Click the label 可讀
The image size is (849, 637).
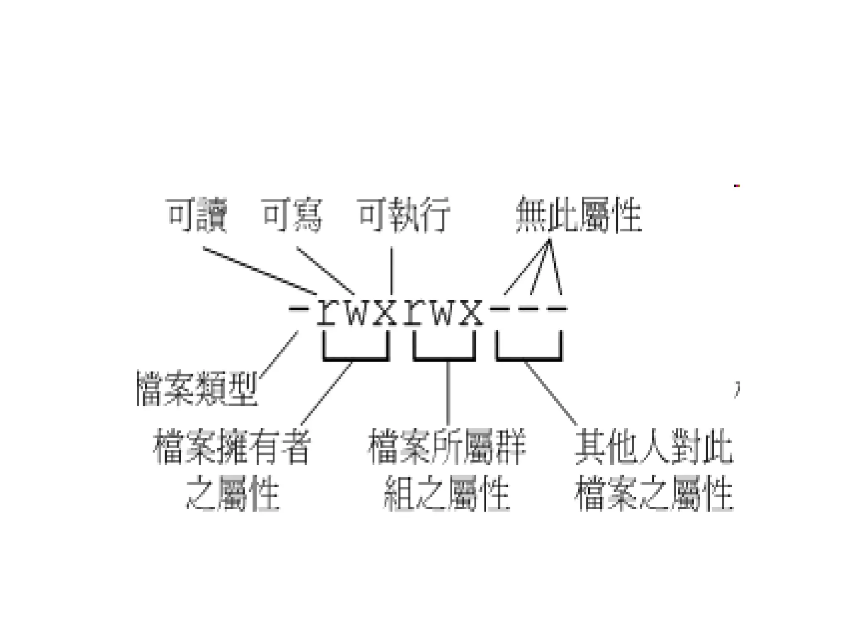coord(196,215)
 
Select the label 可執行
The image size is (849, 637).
coord(404,215)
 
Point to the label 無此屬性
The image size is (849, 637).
coord(579,215)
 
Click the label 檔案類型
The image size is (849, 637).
coord(197,388)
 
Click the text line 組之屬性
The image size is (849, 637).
coord(447,494)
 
